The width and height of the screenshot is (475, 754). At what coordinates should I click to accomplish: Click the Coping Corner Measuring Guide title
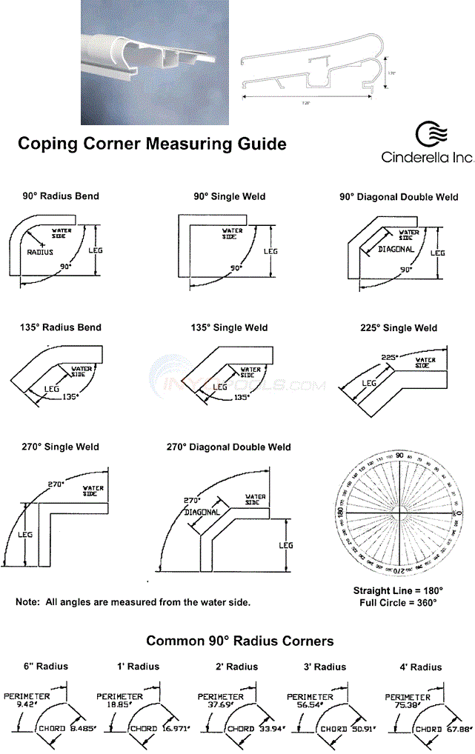click(152, 144)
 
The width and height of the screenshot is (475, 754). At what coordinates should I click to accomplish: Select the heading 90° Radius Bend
click(61, 196)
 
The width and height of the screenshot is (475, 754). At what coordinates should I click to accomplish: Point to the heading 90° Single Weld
click(230, 196)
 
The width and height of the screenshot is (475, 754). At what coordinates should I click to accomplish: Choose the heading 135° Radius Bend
click(61, 327)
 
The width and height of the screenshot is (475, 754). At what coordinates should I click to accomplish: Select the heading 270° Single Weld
click(61, 447)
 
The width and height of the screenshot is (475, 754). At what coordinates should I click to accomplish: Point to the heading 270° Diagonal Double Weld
click(228, 447)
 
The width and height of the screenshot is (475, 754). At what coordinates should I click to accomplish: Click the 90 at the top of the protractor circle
click(399, 456)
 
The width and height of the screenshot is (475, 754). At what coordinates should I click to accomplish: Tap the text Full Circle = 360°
click(398, 603)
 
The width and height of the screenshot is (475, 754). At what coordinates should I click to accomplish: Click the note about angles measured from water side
click(133, 602)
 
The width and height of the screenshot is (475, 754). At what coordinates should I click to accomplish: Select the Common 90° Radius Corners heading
click(239, 641)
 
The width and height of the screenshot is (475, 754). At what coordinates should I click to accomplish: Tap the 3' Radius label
click(325, 667)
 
